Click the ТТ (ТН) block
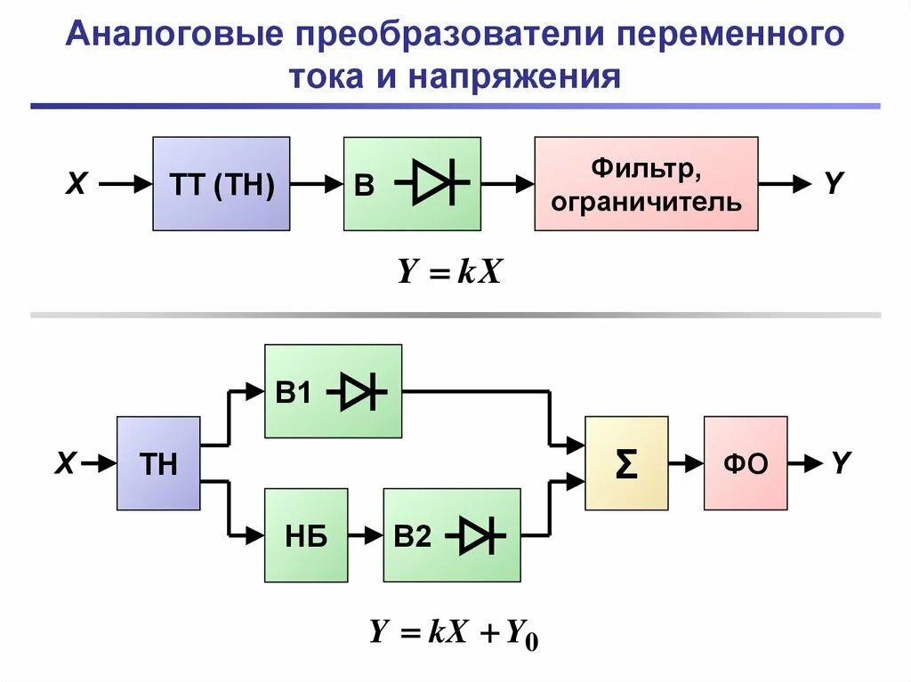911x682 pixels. tap(222, 184)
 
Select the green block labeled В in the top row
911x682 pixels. tap(412, 184)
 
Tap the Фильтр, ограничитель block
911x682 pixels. tap(646, 184)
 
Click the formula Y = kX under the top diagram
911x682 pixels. tap(450, 272)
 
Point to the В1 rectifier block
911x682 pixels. tap(333, 391)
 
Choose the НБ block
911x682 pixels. tap(306, 535)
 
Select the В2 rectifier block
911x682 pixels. tap(452, 535)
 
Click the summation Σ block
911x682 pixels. tap(626, 463)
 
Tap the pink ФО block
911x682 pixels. tap(746, 463)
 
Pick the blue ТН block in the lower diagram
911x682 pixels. tap(158, 463)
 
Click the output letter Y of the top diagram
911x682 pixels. tap(832, 184)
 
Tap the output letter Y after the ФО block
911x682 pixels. tap(841, 462)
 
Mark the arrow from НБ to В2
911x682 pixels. tap(366, 535)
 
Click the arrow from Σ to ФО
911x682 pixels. tap(686, 463)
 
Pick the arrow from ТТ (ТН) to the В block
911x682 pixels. tap(317, 184)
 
